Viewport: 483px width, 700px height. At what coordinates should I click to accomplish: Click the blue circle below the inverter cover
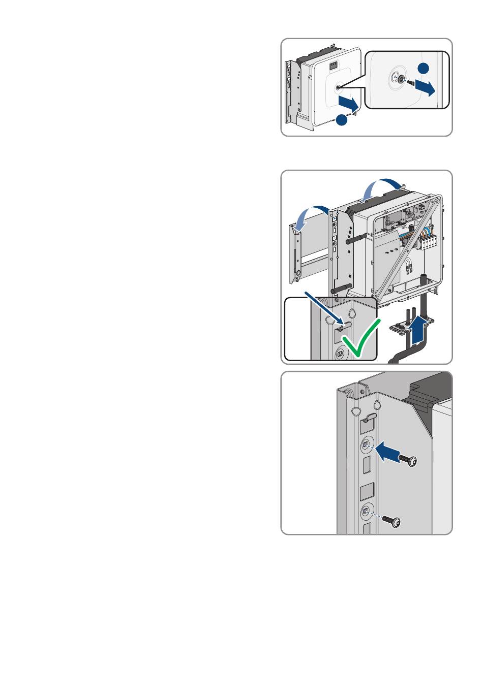click(342, 120)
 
